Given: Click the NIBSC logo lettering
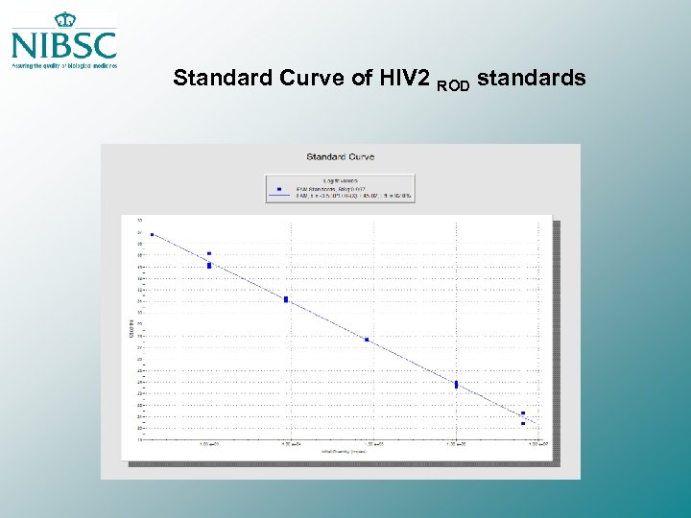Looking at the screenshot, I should [63, 45].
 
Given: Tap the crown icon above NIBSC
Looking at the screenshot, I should [65, 20].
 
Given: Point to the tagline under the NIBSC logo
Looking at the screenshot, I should [63, 66].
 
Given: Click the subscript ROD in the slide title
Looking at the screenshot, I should [454, 84].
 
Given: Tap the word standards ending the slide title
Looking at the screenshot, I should [531, 78].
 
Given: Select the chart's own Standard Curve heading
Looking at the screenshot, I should [340, 156].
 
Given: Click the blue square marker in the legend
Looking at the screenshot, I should [279, 190].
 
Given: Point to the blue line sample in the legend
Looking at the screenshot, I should [279, 197].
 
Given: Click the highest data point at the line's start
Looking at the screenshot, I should [152, 234].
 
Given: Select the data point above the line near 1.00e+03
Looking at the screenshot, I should [209, 254].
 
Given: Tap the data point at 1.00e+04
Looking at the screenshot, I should [286, 299].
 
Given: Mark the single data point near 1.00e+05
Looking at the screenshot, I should [367, 340].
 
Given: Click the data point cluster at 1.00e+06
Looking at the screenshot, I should [456, 385].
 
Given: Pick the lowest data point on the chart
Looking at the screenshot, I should [523, 423].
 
